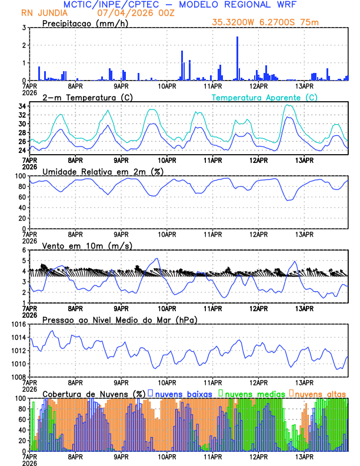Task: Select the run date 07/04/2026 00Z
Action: (128, 13)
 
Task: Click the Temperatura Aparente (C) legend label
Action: (264, 97)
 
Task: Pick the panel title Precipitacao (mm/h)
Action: (82, 23)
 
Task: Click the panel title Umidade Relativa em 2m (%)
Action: (102, 171)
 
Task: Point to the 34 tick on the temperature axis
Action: (21, 106)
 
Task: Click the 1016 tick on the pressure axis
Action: (17, 324)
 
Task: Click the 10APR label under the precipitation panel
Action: (167, 86)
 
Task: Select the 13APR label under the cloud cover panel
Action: (304, 457)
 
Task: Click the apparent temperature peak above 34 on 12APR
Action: (288, 105)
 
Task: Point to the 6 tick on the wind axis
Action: (24, 250)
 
